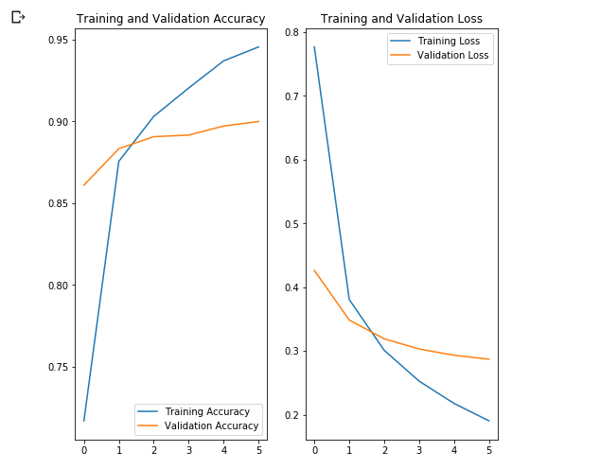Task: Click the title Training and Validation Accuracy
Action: [170, 19]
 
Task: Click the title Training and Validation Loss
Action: [401, 19]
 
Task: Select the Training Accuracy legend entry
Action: [206, 411]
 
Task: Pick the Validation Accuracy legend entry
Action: [211, 426]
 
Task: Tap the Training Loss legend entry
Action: [449, 42]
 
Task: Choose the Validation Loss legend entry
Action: [452, 56]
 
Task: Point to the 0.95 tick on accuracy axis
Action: [56, 40]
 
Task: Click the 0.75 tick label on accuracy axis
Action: [56, 368]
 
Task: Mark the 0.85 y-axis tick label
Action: [56, 204]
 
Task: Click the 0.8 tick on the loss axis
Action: [291, 33]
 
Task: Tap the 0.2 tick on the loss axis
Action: [291, 416]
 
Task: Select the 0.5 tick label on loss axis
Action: [291, 224]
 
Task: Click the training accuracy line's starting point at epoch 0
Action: [84, 421]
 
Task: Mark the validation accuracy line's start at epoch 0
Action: [84, 185]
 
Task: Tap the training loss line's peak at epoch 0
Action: [314, 47]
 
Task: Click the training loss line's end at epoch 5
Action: [489, 421]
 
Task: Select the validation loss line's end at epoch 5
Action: [489, 359]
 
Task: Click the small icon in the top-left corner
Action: [17, 17]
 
